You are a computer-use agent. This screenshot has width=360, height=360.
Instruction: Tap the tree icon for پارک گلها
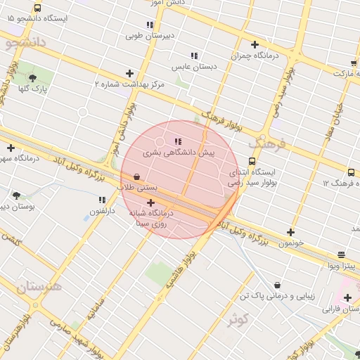click(x=32, y=78)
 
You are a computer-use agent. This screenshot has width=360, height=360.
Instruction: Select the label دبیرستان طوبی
click(x=150, y=34)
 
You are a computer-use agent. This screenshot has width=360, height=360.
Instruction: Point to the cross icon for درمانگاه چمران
click(x=255, y=44)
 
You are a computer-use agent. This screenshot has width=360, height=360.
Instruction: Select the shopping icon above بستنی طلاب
click(x=136, y=176)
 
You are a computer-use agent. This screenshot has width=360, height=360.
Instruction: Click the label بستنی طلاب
click(x=137, y=188)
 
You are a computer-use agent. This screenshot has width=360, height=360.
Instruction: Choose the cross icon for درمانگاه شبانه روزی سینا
click(x=150, y=202)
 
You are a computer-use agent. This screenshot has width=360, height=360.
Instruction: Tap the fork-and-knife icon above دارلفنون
click(x=103, y=200)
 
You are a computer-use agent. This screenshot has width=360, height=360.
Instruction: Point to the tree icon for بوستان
click(x=16, y=195)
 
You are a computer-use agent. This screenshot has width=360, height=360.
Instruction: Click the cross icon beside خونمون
click(x=290, y=232)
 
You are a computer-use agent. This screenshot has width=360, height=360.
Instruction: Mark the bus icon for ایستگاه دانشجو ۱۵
click(x=37, y=8)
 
